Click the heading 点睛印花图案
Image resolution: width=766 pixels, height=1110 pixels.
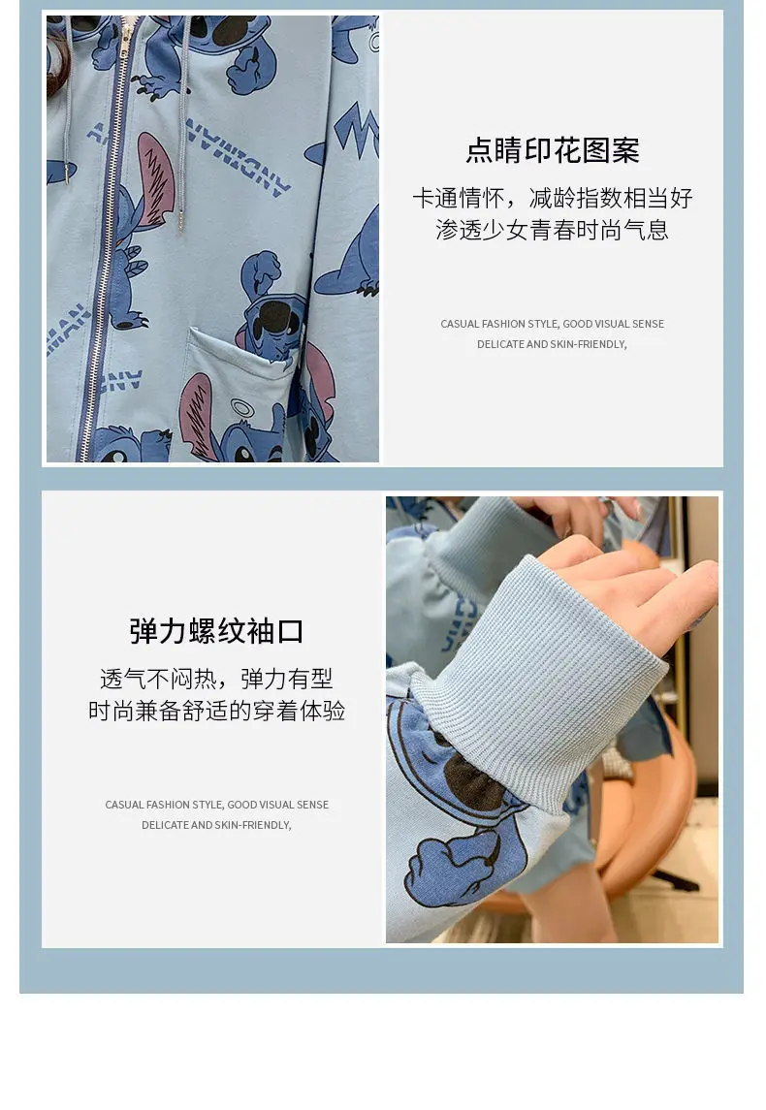[553, 150]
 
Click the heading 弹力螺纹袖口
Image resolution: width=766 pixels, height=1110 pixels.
[216, 631]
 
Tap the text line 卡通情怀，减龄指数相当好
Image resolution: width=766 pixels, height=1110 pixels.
[553, 198]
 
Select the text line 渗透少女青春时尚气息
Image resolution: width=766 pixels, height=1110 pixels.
[553, 230]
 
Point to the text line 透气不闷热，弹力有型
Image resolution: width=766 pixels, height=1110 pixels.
[216, 679]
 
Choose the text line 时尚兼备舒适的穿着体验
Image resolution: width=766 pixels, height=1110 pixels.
[216, 711]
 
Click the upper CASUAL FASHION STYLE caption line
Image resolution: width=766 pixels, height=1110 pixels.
[553, 324]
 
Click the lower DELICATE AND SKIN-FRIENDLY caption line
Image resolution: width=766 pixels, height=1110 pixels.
[216, 825]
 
